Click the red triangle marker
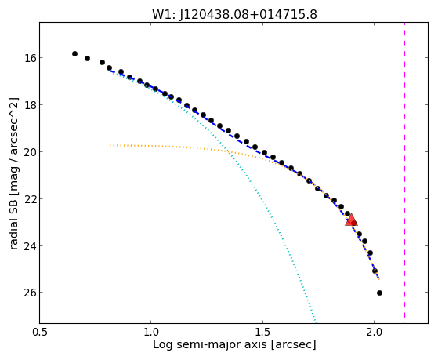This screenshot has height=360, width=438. (x=351, y=220)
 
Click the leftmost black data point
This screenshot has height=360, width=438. (x=74, y=53)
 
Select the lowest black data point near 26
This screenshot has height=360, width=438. (x=379, y=293)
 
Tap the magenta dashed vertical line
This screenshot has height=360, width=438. (x=404, y=170)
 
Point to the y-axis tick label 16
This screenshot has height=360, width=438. (x=29, y=58)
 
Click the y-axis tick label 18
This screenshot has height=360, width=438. (x=29, y=105)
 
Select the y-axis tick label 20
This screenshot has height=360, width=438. (x=29, y=152)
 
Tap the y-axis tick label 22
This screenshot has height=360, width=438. (x=29, y=199)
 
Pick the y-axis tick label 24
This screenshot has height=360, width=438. (x=29, y=245)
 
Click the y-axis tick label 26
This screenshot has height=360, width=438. (x=29, y=293)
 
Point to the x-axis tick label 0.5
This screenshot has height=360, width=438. (x=41, y=333)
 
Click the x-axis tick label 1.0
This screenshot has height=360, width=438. (x=151, y=333)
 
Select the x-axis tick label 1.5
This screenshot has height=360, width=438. (x=262, y=333)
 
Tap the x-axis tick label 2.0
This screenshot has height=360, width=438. (x=374, y=333)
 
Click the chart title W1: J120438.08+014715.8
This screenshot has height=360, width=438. (x=234, y=14)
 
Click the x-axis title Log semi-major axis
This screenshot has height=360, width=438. (x=210, y=344)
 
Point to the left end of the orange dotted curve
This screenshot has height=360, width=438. (x=110, y=145)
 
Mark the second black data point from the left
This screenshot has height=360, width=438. (x=87, y=58)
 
